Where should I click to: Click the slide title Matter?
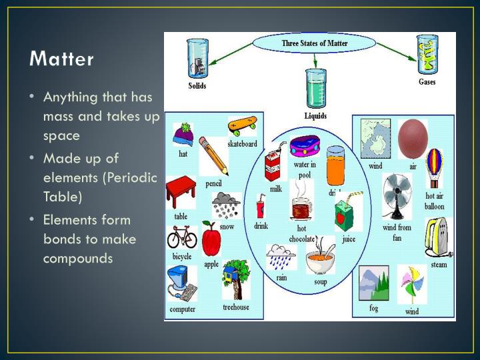(62, 59)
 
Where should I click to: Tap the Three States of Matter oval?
(315, 45)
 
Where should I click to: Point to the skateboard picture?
(242, 125)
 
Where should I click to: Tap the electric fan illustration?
(397, 196)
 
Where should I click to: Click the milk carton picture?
(273, 166)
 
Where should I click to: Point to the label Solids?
(197, 85)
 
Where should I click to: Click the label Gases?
(427, 82)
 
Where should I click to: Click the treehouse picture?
(235, 279)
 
